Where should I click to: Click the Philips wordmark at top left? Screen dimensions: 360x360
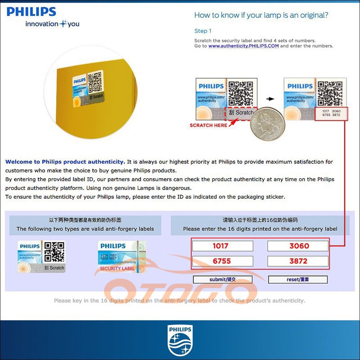pos(31,12)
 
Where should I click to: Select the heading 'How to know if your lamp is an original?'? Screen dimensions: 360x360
pos(261,15)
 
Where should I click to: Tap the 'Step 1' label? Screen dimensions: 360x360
pos(202,31)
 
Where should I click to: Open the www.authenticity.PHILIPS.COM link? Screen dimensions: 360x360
pos(243,46)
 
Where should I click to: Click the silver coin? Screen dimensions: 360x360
pos(265,124)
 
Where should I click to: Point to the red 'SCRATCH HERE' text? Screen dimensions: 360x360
pos(208,125)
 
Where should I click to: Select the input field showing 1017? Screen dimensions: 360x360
pos(222,246)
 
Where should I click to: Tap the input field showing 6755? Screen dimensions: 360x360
pos(222,261)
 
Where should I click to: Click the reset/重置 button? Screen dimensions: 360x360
pos(298,279)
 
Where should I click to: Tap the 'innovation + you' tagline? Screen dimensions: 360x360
pos(52,24)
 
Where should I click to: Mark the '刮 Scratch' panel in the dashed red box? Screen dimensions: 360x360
pos(241,113)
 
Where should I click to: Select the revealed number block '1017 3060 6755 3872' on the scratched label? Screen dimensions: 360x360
pos(331,112)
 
